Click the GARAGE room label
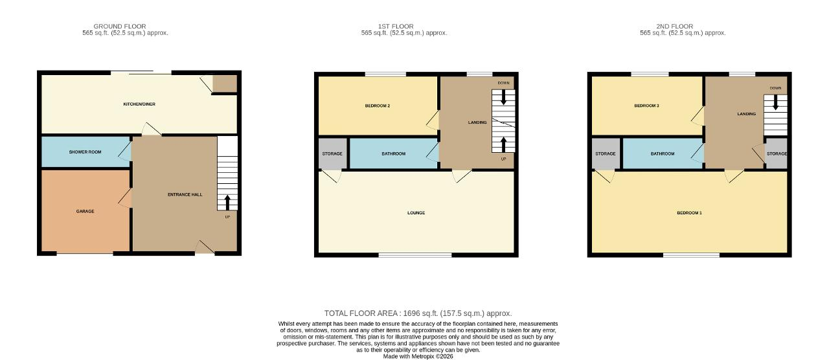tap(85, 211)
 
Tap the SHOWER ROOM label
tap(85, 152)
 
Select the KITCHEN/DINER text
tap(139, 104)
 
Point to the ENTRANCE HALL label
tap(185, 195)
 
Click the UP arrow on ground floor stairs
tap(227, 203)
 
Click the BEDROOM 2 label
tap(378, 106)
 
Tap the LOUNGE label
tap(416, 213)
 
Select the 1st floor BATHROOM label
tap(393, 153)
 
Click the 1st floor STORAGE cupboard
tap(332, 153)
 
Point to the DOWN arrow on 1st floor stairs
tap(503, 97)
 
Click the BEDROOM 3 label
tap(646, 106)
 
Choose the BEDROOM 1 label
tap(689, 213)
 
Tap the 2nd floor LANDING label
tap(747, 114)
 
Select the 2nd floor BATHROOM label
tap(663, 153)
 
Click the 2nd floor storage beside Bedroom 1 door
tap(606, 153)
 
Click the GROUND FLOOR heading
tap(120, 27)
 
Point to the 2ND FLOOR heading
tap(675, 27)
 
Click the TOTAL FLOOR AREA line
tap(418, 313)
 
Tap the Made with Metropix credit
tap(418, 357)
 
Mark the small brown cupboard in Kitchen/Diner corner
tap(225, 84)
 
